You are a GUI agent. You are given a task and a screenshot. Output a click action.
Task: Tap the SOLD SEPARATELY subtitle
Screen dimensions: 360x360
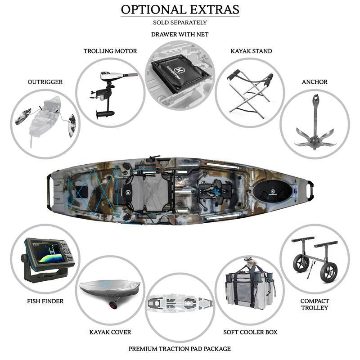pyautogui.click(x=180, y=22)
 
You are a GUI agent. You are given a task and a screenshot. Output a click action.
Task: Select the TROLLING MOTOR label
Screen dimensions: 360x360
pyautogui.click(x=110, y=51)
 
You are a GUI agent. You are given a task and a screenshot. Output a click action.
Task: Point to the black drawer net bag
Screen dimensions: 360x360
pyautogui.click(x=180, y=72)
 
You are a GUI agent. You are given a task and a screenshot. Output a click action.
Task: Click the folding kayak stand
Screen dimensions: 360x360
pyautogui.click(x=250, y=94)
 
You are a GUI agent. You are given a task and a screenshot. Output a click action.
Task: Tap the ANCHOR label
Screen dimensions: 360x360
pyautogui.click(x=315, y=82)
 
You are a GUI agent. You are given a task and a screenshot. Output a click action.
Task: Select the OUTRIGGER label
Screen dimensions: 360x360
pyautogui.click(x=45, y=82)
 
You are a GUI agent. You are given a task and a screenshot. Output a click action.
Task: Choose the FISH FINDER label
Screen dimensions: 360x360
pyautogui.click(x=45, y=301)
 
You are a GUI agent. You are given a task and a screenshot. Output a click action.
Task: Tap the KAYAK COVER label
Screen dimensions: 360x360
pyautogui.click(x=110, y=332)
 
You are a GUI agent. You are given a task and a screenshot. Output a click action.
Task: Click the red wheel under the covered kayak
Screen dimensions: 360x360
pyautogui.click(x=113, y=305)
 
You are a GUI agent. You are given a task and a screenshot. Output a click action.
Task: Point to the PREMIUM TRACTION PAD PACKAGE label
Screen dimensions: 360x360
pyautogui.click(x=180, y=349)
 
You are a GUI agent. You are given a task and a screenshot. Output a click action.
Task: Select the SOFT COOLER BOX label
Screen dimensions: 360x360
pyautogui.click(x=250, y=332)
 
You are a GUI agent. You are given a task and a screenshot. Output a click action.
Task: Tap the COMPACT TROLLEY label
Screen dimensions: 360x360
pyautogui.click(x=315, y=304)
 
